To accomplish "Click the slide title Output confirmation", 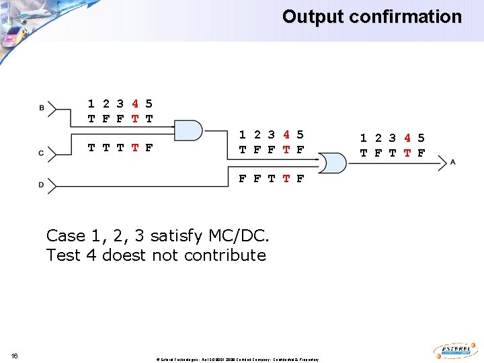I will (372, 17).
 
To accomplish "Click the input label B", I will (42, 108).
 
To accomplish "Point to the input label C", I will (42, 154).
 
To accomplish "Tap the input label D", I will (42, 184).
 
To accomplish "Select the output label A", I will (453, 162).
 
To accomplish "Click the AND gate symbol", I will (188, 130).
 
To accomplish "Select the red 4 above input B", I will (135, 104).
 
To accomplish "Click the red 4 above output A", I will (407, 138).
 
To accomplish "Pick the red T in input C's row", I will (135, 147).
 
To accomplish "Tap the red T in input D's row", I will (286, 179).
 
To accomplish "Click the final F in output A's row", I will (421, 153).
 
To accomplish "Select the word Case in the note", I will (66, 236).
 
